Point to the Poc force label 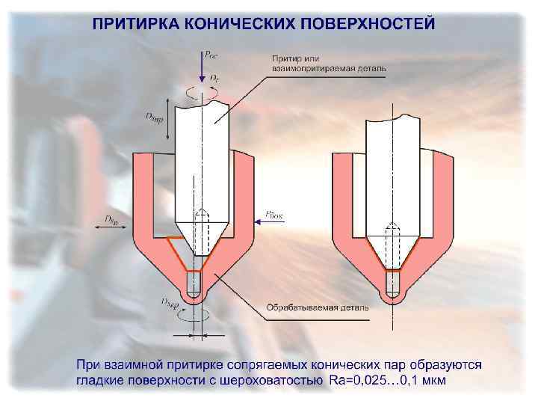click(211, 55)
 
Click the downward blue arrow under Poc click(200, 67)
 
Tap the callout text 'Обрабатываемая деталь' click(314, 307)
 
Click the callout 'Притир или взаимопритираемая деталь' click(328, 63)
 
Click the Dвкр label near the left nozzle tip click(169, 302)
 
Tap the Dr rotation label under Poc click(214, 77)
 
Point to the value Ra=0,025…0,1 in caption click(375, 382)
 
